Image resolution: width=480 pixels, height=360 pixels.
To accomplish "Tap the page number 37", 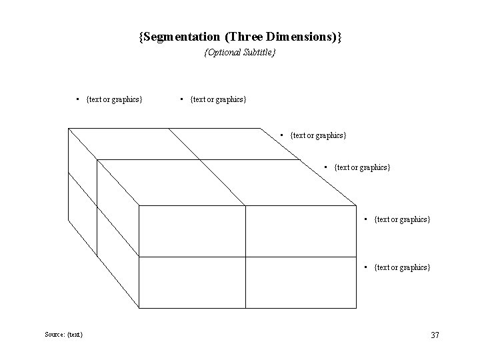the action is (x=435, y=335).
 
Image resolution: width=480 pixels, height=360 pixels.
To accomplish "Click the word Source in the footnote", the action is (x=55, y=335).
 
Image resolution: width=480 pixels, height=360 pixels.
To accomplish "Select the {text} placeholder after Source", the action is (x=75, y=335).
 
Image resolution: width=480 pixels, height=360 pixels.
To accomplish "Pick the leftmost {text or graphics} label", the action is (x=114, y=99).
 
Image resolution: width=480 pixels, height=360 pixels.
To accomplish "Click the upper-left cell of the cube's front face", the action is (x=192, y=231).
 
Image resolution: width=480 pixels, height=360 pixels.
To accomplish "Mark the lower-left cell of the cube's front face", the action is (x=192, y=282).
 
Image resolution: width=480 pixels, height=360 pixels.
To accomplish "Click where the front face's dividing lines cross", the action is (x=245, y=257).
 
